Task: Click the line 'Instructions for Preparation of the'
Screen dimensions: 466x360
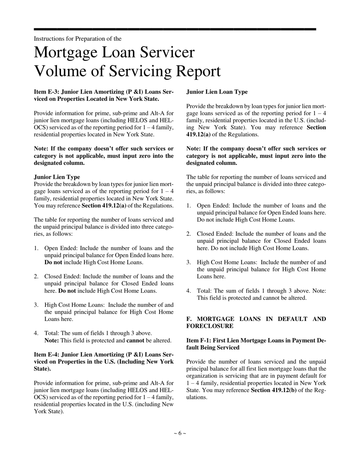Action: click(x=78, y=39)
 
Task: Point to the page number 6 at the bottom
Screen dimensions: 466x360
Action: click(x=180, y=433)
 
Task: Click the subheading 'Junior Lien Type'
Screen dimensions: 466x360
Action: click(x=57, y=177)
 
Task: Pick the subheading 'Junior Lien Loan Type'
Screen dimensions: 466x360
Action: click(x=217, y=92)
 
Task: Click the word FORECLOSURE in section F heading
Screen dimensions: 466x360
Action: click(x=210, y=326)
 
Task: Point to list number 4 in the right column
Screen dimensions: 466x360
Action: click(x=188, y=291)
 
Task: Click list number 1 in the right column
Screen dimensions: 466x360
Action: click(x=188, y=206)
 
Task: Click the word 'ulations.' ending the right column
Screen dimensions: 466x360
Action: click(x=197, y=397)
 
